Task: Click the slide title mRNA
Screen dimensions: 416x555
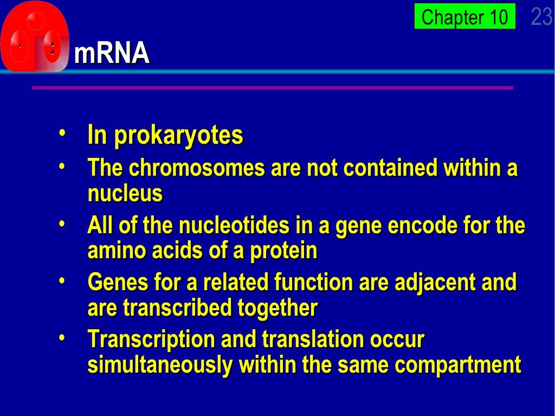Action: (112, 54)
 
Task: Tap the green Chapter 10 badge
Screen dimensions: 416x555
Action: (464, 17)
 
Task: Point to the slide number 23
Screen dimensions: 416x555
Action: (541, 17)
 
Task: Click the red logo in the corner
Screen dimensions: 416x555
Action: (35, 37)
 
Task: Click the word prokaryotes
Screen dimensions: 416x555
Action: (178, 136)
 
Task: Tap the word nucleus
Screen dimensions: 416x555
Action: (125, 193)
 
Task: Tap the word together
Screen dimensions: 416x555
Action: (277, 308)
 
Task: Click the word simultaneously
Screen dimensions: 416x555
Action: (160, 365)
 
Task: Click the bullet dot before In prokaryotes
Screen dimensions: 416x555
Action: (63, 132)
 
